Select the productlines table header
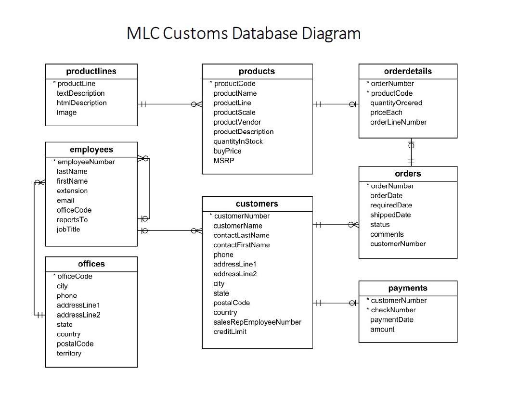pos(91,71)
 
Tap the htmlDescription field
pos(82,103)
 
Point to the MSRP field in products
pos(224,161)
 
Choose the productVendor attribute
pos(237,122)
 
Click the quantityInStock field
pos(238,141)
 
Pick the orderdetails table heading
pos(408,71)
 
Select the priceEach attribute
pos(386,113)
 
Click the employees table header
pos(91,150)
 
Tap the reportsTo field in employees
pos(72,220)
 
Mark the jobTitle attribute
pos(68,229)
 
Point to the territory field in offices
pos(69,354)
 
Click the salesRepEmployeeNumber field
pos(258,322)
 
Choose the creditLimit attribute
pos(230,331)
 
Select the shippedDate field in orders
pos(390,215)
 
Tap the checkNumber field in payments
pos(393,310)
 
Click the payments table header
pos(408,288)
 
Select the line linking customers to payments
pos(336,303)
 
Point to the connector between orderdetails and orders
pos(411,152)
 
